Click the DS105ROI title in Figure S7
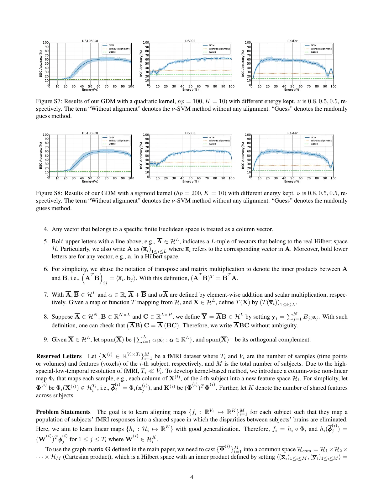coord(90,41)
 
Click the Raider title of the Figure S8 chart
coord(292,133)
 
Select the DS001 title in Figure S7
coord(190,41)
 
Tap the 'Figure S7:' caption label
coord(48,101)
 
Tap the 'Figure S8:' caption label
coord(48,193)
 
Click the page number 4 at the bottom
coord(192,477)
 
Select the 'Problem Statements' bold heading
coord(63,412)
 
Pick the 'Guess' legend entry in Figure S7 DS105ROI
coord(112,52)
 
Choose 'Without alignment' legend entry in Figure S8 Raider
coord(321,140)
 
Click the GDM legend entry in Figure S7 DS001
coord(212,45)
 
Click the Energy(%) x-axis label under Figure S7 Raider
coord(292,90)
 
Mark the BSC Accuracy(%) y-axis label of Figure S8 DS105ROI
coord(41,156)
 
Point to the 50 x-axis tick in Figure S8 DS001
coord(190,178)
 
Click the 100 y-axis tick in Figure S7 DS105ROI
coord(46,43)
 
